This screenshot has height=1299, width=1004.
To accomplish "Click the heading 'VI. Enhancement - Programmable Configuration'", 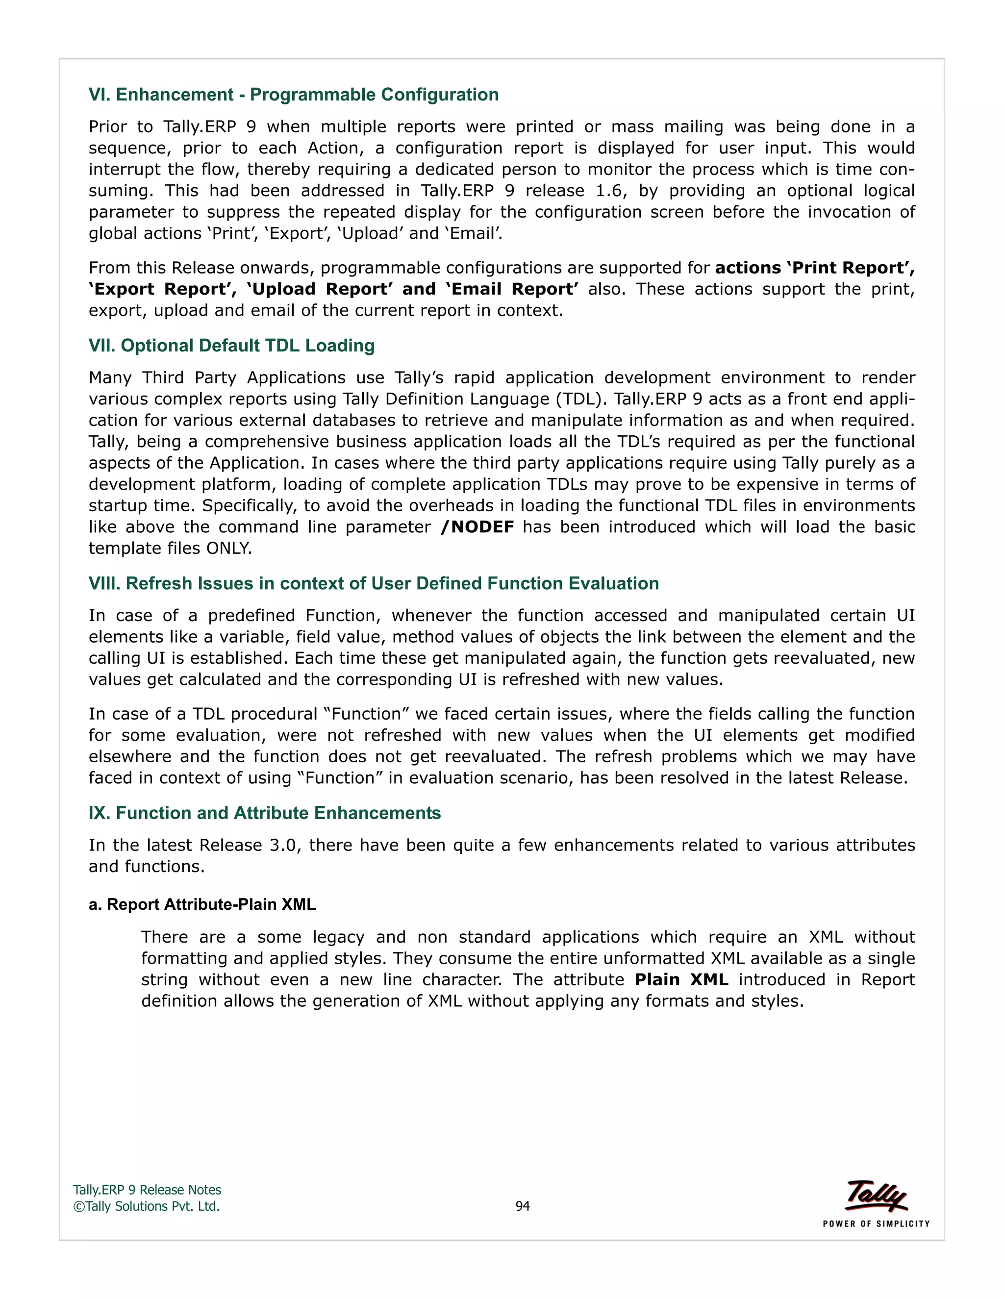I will click(x=293, y=95).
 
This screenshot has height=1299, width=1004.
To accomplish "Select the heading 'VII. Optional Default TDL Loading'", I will click(x=231, y=346).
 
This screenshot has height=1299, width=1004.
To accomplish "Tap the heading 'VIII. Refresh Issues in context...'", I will click(x=374, y=583).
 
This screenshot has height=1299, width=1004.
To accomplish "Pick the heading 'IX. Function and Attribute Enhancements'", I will click(x=265, y=813).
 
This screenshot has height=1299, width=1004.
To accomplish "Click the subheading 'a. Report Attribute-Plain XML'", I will click(x=202, y=905).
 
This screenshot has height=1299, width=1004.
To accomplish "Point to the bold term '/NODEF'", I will click(x=477, y=527).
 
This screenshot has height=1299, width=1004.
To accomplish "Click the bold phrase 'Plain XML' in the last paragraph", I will click(x=681, y=979).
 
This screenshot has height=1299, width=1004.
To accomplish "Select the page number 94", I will click(x=522, y=1206).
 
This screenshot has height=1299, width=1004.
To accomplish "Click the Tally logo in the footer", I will click(x=876, y=1196).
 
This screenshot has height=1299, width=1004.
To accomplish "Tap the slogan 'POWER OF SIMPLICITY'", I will click(x=876, y=1224).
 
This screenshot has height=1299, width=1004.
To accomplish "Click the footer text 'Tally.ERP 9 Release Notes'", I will click(x=147, y=1190).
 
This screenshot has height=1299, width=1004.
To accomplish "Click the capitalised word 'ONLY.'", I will click(x=229, y=549).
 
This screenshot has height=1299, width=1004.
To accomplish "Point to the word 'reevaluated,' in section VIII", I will click(x=764, y=658).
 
